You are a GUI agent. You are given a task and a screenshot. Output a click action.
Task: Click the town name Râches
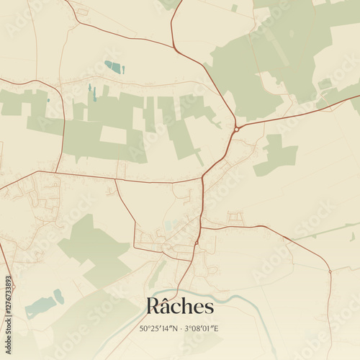tap(180, 306)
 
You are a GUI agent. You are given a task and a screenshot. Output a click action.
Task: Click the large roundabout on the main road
tap(236, 130)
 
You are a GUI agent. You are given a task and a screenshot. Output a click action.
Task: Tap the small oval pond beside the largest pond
tap(59, 296)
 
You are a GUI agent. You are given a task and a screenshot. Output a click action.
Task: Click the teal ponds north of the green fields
tap(114, 67)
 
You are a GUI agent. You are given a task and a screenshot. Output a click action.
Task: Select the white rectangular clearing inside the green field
tap(112, 135)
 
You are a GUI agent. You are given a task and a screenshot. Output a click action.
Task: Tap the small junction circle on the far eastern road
tap(330, 271)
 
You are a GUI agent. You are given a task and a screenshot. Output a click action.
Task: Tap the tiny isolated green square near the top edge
tap(234, 8)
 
